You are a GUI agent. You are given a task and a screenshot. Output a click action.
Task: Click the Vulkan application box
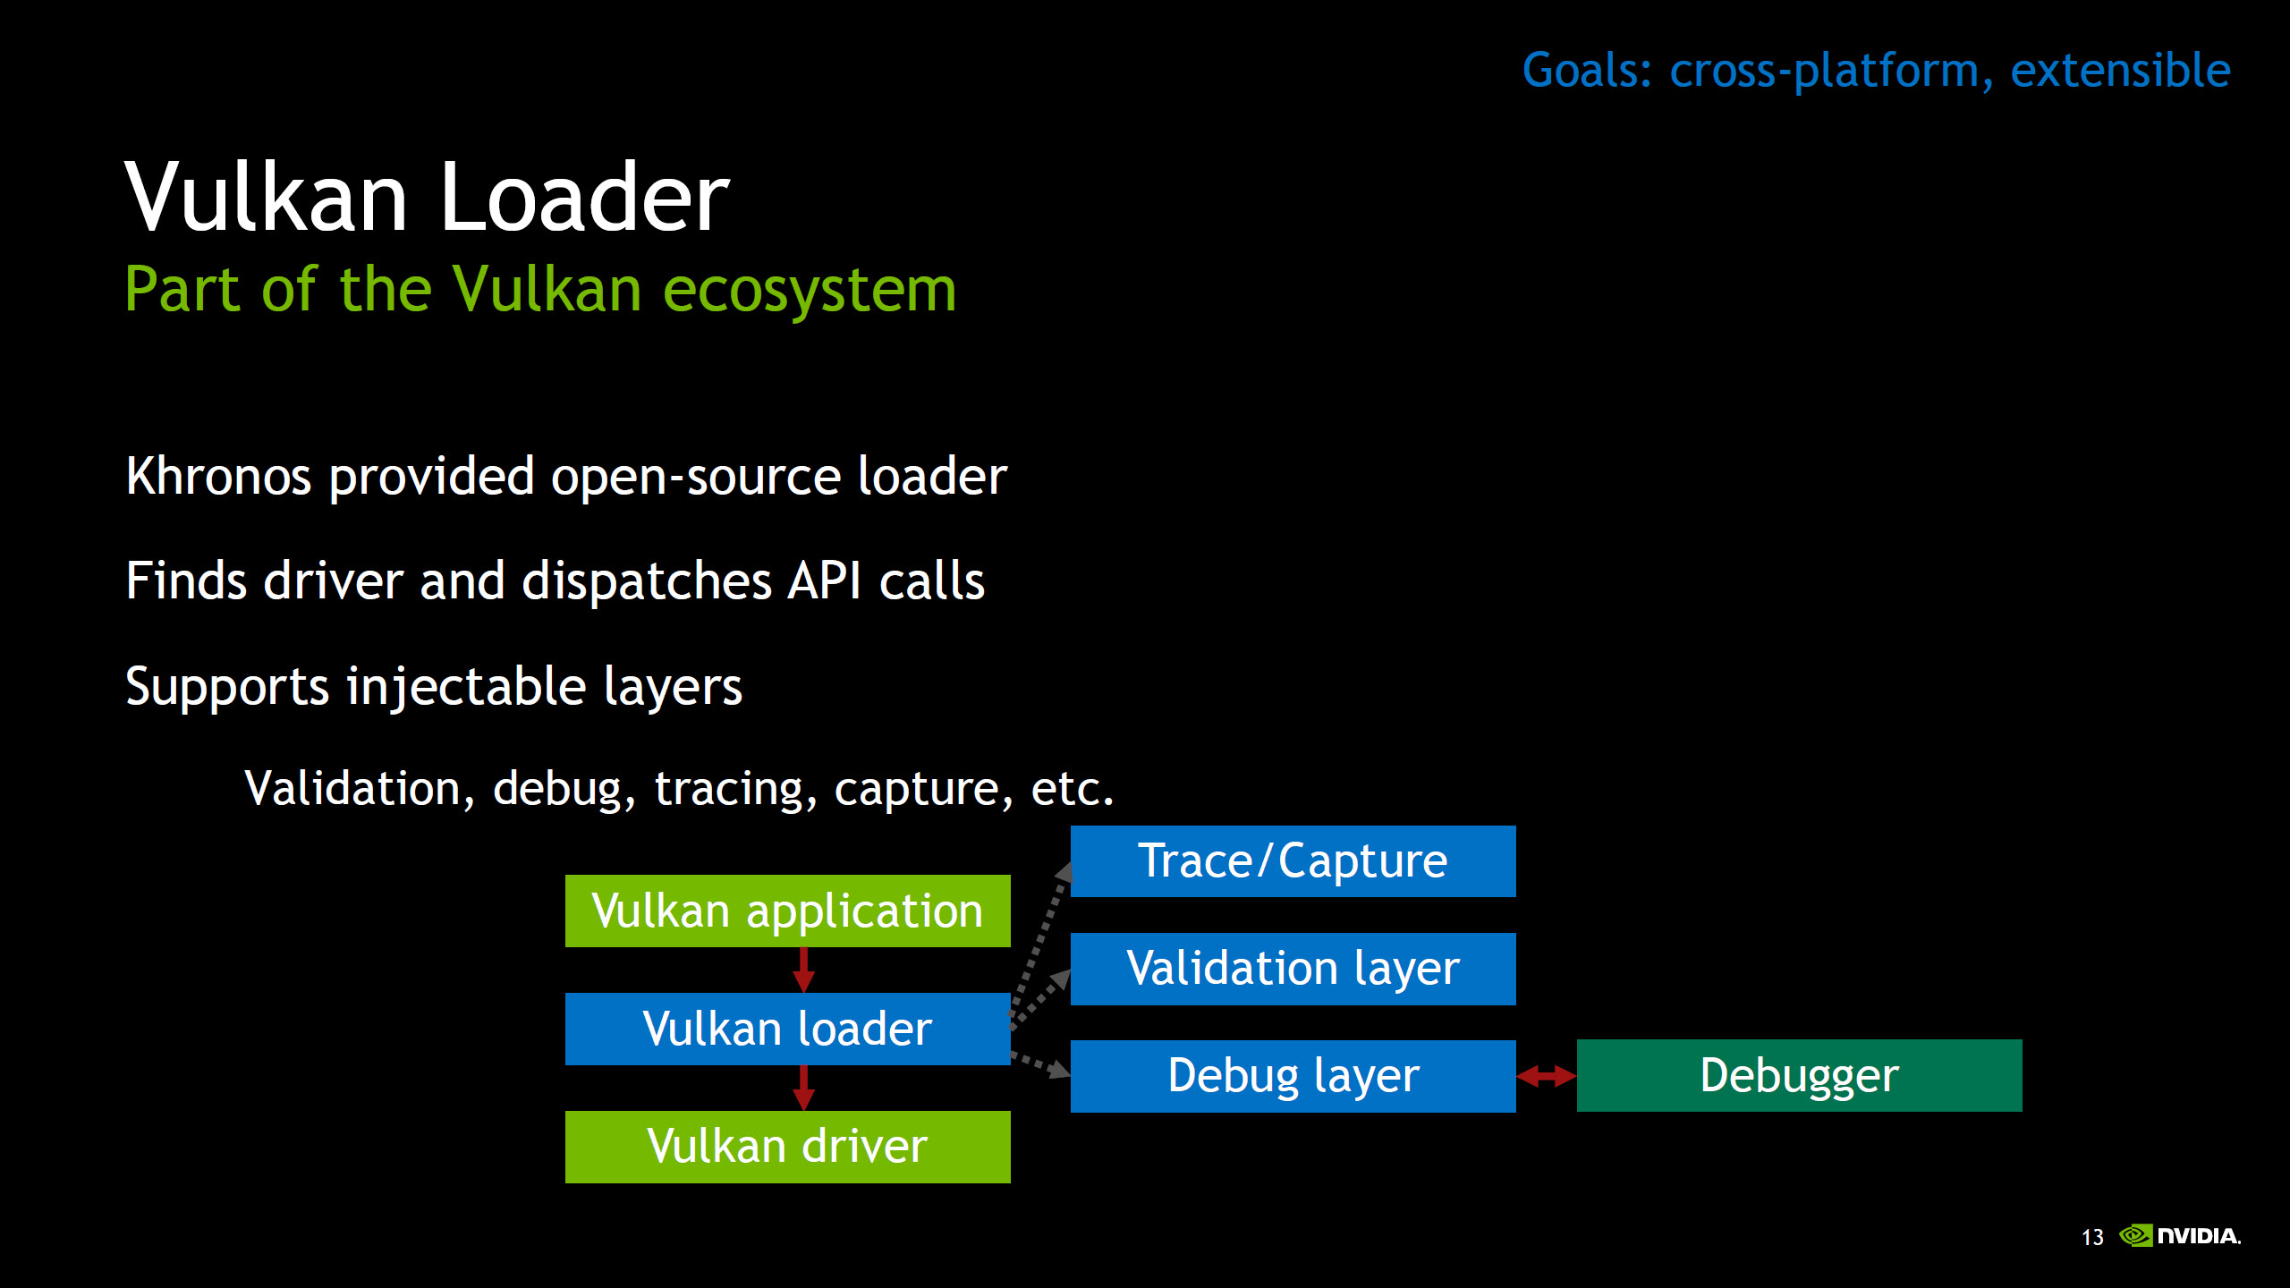pos(787,911)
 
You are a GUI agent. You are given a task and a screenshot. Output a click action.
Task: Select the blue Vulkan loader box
pos(787,1029)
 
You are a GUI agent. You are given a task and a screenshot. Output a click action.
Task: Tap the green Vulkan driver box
pos(787,1147)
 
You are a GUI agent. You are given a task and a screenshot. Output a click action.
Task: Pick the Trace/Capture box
pos(1293,860)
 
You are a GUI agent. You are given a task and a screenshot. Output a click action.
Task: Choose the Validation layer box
pos(1293,969)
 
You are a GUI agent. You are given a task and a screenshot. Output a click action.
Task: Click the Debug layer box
pos(1293,1076)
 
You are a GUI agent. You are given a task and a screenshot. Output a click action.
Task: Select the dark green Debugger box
pos(1798,1075)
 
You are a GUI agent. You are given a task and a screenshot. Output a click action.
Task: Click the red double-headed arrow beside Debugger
pos(1546,1076)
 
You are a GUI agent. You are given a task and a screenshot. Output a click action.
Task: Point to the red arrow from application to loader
pos(803,970)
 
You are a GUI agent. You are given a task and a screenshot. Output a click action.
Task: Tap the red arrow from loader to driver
pos(803,1087)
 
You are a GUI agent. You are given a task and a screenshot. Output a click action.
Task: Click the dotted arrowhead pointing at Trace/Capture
pos(1064,872)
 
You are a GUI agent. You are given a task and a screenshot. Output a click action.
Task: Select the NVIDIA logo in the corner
pos(2179,1236)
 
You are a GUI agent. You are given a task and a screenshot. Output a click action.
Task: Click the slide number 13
pos(2092,1237)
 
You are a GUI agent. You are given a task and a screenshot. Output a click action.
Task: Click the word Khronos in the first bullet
pos(218,476)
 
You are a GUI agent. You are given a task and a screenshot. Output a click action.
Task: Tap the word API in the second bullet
pos(823,581)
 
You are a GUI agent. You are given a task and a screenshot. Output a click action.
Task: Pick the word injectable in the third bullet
pos(466,687)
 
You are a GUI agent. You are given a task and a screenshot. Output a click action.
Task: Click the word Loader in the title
pos(584,197)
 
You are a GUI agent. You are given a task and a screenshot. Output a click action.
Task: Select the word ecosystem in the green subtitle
pos(810,291)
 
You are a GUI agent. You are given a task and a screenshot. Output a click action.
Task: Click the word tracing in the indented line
pos(729,789)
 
